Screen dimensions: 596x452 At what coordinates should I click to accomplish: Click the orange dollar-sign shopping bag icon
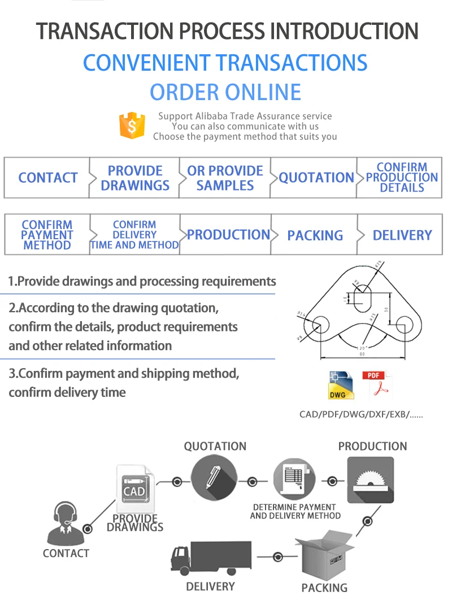click(132, 126)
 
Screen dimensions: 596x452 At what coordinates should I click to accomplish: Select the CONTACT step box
click(47, 178)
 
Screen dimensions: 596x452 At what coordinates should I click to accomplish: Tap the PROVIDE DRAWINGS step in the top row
click(135, 178)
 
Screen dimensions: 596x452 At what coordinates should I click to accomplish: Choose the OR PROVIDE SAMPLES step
click(225, 178)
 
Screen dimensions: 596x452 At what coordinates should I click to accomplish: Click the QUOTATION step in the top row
click(316, 178)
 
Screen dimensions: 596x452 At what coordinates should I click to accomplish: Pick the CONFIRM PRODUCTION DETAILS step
click(401, 178)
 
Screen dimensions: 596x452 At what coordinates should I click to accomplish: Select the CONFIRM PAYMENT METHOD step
click(47, 235)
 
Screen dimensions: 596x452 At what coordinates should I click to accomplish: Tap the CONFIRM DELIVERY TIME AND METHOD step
click(134, 235)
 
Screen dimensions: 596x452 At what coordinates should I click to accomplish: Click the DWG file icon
click(341, 386)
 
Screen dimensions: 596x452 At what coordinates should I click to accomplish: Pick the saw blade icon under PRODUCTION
click(370, 480)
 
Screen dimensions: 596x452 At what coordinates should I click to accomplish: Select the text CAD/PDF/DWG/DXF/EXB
click(360, 414)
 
